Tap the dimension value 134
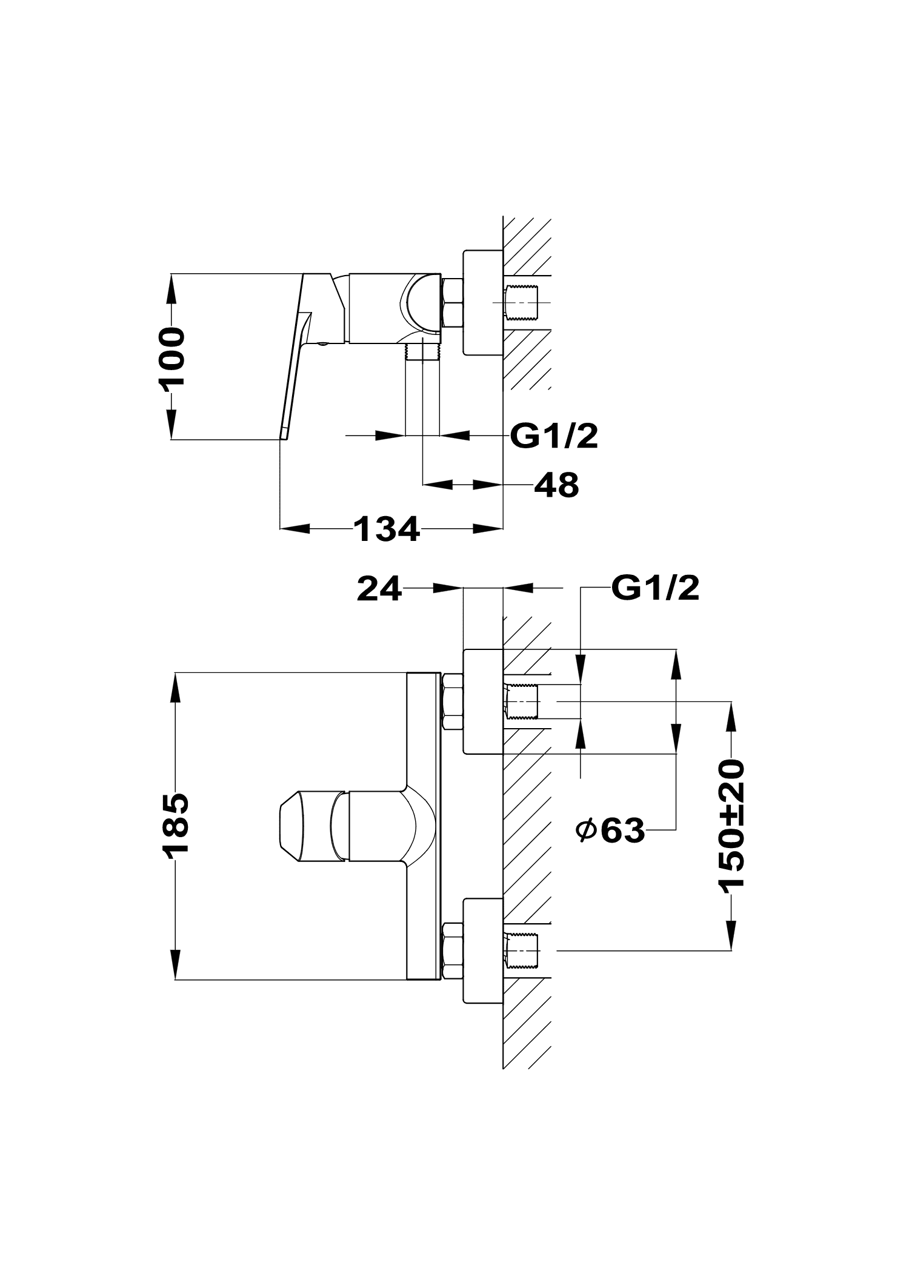[x=387, y=529]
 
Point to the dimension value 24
[x=379, y=588]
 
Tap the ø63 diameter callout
[x=610, y=830]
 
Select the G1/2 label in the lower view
[x=655, y=587]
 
